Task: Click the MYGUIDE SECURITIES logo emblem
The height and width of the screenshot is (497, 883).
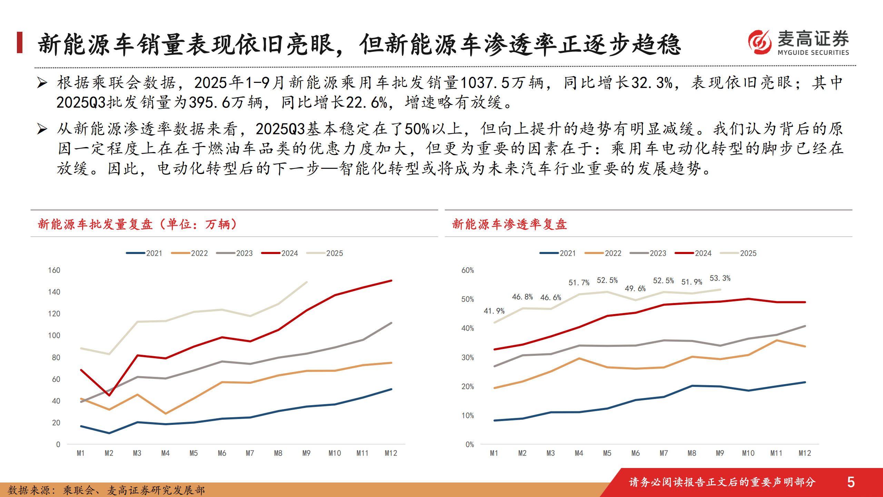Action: [x=760, y=42]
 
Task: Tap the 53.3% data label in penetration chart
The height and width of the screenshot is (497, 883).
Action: [x=720, y=278]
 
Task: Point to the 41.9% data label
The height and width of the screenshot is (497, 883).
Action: [x=494, y=311]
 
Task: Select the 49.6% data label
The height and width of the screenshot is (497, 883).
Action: [x=635, y=289]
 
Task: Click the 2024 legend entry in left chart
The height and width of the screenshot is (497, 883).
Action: [x=280, y=253]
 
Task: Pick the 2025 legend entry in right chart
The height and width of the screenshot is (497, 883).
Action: [x=738, y=253]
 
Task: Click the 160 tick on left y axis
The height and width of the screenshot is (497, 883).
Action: [x=54, y=270]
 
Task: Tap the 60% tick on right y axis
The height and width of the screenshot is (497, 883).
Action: [x=467, y=270]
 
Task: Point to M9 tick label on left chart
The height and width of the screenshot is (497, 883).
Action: [x=306, y=453]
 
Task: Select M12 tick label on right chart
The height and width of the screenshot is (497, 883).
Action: [x=805, y=453]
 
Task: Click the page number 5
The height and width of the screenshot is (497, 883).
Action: [x=851, y=482]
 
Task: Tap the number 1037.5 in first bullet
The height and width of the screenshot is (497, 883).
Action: [x=485, y=83]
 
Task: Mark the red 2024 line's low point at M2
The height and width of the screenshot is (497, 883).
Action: [x=109, y=395]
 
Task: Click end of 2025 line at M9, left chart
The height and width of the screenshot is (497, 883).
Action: [x=307, y=282]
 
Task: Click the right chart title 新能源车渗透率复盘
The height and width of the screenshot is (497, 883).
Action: [x=509, y=224]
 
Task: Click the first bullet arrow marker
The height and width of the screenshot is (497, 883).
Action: [x=42, y=83]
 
